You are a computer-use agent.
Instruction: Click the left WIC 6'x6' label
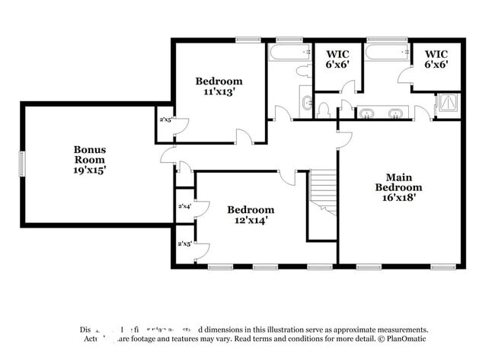click(338, 59)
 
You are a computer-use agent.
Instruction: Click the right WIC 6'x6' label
click(436, 59)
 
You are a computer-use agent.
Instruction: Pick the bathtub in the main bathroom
click(387, 53)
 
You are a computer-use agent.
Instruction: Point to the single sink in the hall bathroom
click(305, 102)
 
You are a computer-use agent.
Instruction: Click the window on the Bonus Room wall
click(22, 162)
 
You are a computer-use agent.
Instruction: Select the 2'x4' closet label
click(184, 205)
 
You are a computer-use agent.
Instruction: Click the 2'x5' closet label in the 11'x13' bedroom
click(164, 119)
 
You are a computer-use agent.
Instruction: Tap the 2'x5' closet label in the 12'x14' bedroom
click(184, 244)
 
